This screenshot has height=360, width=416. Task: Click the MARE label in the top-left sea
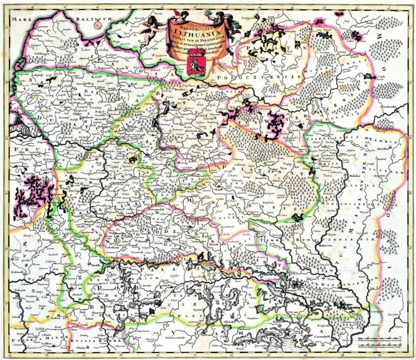pyautogui.click(x=22, y=18)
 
